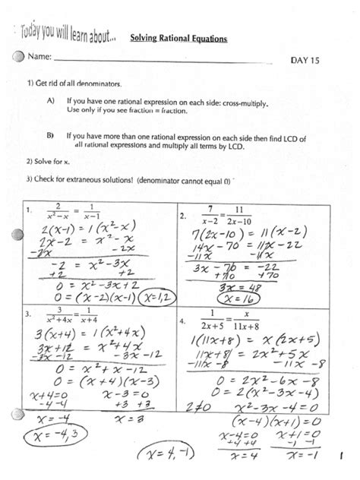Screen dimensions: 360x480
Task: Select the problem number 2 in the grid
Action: point(183,216)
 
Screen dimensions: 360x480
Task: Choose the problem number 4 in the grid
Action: point(183,321)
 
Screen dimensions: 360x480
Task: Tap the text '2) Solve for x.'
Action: point(48,161)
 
